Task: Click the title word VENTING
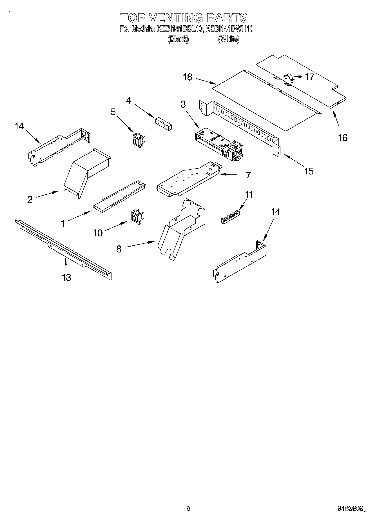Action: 175,18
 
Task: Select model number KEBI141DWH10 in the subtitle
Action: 229,29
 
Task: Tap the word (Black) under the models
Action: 178,39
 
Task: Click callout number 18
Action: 188,77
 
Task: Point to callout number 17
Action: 309,77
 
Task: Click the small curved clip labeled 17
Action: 288,77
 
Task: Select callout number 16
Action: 343,138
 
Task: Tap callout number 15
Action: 309,171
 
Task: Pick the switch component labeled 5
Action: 138,140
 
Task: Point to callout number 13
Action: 66,278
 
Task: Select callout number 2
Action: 30,199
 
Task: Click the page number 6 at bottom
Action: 188,509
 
